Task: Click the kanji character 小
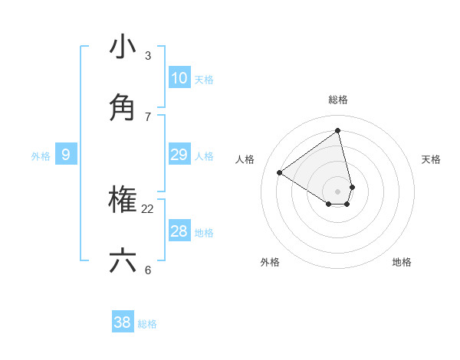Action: click(x=123, y=47)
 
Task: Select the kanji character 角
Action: click(x=123, y=108)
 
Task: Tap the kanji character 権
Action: click(x=123, y=201)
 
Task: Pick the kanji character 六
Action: click(x=123, y=261)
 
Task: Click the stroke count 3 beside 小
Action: click(x=148, y=56)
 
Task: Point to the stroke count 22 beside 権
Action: click(x=148, y=208)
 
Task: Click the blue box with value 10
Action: click(x=179, y=77)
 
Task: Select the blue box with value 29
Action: click(x=179, y=155)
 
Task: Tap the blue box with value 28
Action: click(x=179, y=231)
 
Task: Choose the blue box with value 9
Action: click(x=66, y=155)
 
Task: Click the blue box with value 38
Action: click(x=123, y=322)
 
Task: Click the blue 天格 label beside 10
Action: click(x=204, y=80)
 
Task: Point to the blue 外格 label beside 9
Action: click(x=41, y=156)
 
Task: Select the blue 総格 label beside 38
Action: click(x=147, y=324)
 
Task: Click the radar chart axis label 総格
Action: click(x=338, y=100)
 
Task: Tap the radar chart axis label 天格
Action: click(x=431, y=159)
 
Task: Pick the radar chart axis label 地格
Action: click(x=402, y=262)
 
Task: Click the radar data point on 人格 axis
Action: click(x=280, y=172)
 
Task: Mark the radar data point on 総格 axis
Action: click(x=338, y=131)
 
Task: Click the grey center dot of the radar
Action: click(x=338, y=191)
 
